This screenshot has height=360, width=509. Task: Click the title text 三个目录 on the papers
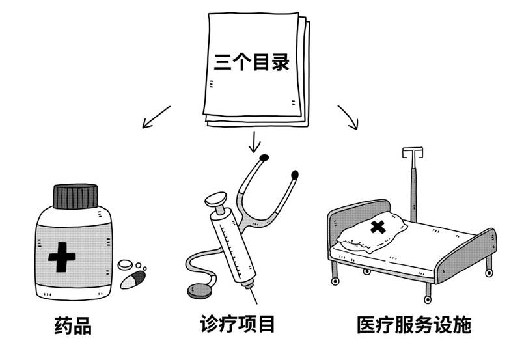tap(251, 63)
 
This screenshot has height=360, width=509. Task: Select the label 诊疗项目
tap(239, 323)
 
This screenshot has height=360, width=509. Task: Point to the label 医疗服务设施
tap(413, 324)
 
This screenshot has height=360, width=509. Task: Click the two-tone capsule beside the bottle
tap(133, 279)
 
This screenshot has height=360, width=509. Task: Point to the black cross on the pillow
tap(377, 228)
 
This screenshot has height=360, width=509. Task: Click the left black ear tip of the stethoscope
tap(264, 158)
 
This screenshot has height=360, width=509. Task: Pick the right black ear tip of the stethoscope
tap(295, 174)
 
